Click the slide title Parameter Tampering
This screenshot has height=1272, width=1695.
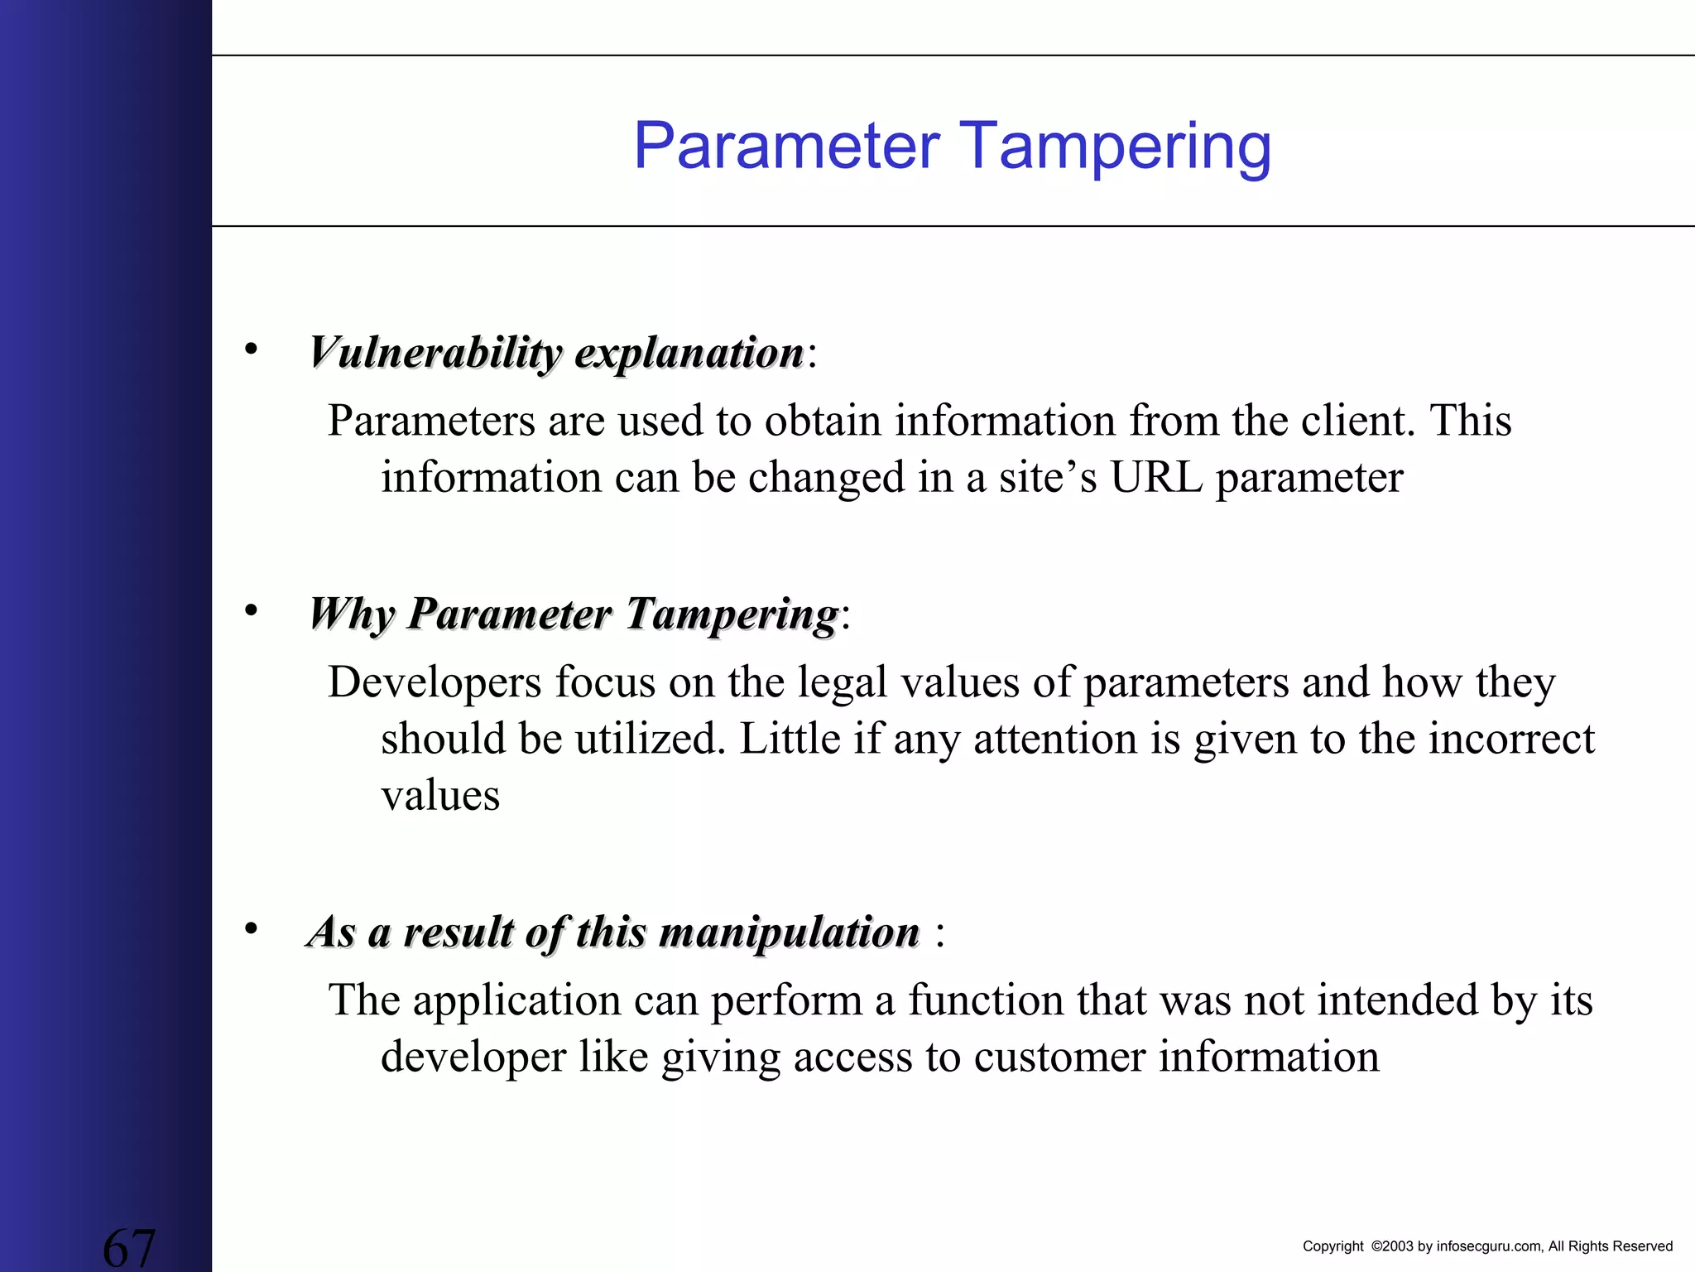pyautogui.click(x=952, y=147)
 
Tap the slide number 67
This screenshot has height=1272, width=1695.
pyautogui.click(x=129, y=1246)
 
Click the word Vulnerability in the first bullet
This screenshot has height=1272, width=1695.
pyautogui.click(x=435, y=354)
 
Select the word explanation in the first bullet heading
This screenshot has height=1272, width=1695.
pyautogui.click(x=689, y=354)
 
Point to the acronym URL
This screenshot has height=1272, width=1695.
pyautogui.click(x=1156, y=478)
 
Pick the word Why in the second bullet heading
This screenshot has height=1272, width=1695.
pyautogui.click(x=351, y=615)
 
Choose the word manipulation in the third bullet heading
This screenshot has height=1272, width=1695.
pyautogui.click(x=790, y=933)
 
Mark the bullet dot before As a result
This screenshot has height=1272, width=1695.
pyautogui.click(x=251, y=928)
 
